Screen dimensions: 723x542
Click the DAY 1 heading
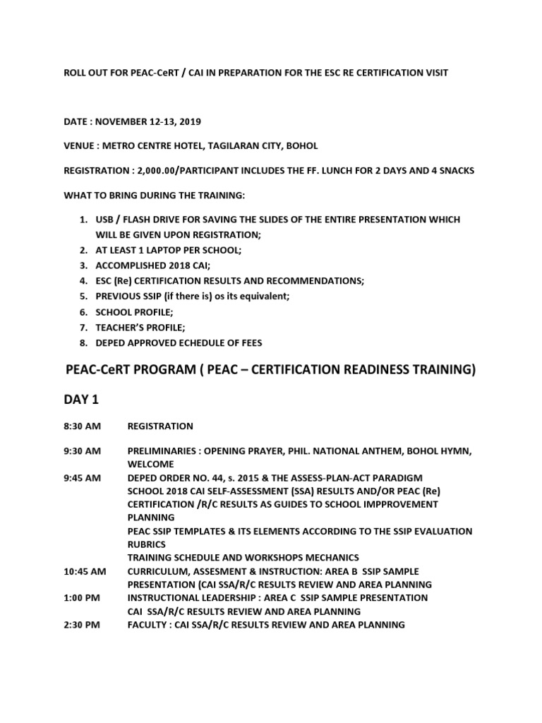[82, 400]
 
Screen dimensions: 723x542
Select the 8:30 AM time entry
[82, 426]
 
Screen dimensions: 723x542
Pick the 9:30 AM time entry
[82, 450]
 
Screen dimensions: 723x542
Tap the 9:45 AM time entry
[82, 478]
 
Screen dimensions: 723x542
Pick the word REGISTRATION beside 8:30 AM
[160, 426]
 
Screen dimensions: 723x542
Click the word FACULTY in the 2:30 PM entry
[148, 625]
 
